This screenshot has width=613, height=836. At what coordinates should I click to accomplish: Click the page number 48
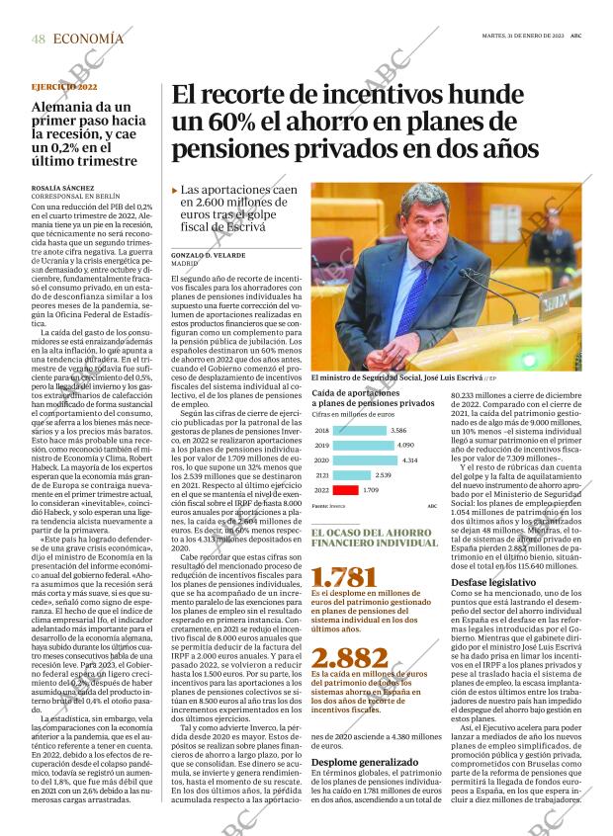point(38,39)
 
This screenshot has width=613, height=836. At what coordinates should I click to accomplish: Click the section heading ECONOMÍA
point(88,39)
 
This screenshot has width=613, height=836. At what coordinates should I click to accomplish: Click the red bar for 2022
point(346,490)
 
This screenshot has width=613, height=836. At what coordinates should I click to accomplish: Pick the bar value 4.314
point(411,460)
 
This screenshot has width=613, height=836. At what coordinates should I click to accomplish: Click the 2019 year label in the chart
point(321,446)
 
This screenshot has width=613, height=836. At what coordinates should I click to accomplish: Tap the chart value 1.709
point(372,490)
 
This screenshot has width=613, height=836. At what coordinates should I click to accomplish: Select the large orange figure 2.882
point(349,658)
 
